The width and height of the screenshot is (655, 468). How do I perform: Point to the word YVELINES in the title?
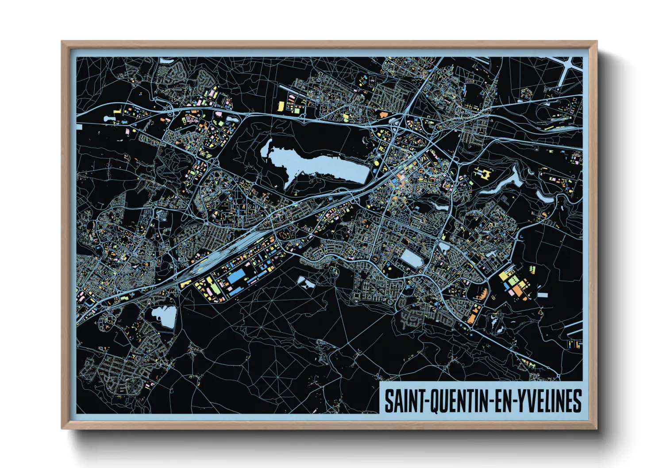pos(549,401)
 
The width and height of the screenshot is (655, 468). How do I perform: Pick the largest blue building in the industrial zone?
pos(236,276)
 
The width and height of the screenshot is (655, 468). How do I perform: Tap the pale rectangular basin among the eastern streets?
pos(412,258)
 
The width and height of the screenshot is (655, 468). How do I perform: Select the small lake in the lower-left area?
pos(164,316)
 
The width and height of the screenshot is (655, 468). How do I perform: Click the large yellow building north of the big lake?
pos(281,106)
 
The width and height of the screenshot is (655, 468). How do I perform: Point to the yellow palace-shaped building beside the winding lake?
pos(483,173)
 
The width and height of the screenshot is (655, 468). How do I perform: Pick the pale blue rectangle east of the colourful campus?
pos(543,295)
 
